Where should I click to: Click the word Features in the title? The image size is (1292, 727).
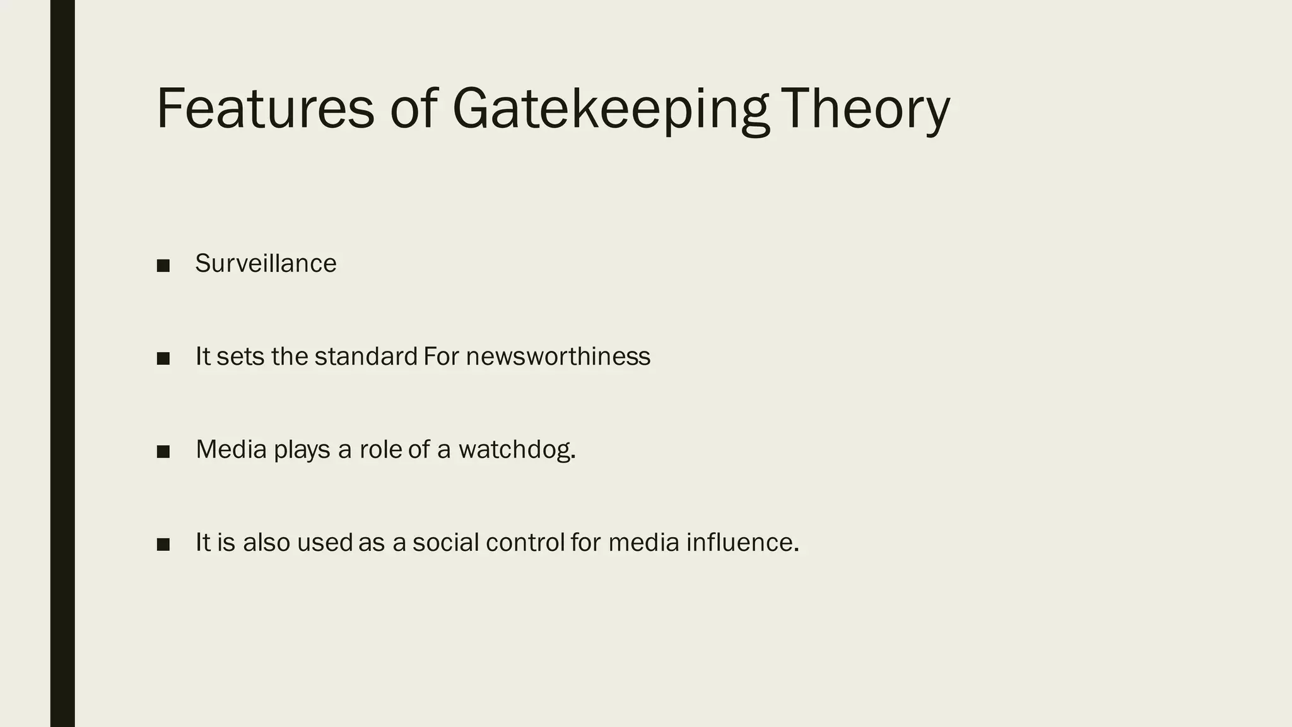click(x=265, y=109)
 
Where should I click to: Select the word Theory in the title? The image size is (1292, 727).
click(x=865, y=109)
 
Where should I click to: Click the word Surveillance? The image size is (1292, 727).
click(x=266, y=264)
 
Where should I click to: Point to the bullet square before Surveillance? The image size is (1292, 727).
click(x=163, y=266)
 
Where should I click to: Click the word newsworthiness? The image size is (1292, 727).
click(x=558, y=357)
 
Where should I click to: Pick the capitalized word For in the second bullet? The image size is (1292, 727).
click(x=441, y=357)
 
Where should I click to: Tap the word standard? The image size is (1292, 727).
click(x=366, y=357)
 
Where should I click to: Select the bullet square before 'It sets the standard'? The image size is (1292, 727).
click(x=163, y=358)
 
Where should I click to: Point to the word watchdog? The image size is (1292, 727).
click(x=517, y=449)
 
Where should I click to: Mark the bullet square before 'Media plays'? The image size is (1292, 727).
click(x=163, y=452)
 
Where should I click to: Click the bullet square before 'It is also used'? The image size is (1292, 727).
click(x=163, y=545)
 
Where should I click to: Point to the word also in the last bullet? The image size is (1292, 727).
click(x=266, y=543)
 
